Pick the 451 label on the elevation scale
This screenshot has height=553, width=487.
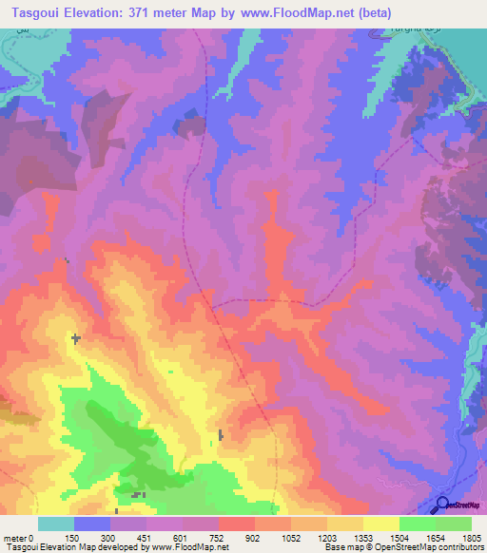(146, 537)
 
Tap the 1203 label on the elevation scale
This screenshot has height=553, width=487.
(326, 537)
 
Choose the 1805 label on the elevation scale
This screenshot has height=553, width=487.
(470, 537)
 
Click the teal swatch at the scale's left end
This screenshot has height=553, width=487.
(56, 524)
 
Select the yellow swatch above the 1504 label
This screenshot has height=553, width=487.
(381, 524)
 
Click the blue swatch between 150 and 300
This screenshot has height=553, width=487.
(92, 524)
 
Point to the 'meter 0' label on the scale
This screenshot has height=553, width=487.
(18, 537)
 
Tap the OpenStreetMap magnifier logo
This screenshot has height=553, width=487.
(443, 505)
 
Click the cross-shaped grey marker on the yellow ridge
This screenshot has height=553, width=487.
(75, 337)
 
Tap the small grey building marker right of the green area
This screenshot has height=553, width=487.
(222, 435)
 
